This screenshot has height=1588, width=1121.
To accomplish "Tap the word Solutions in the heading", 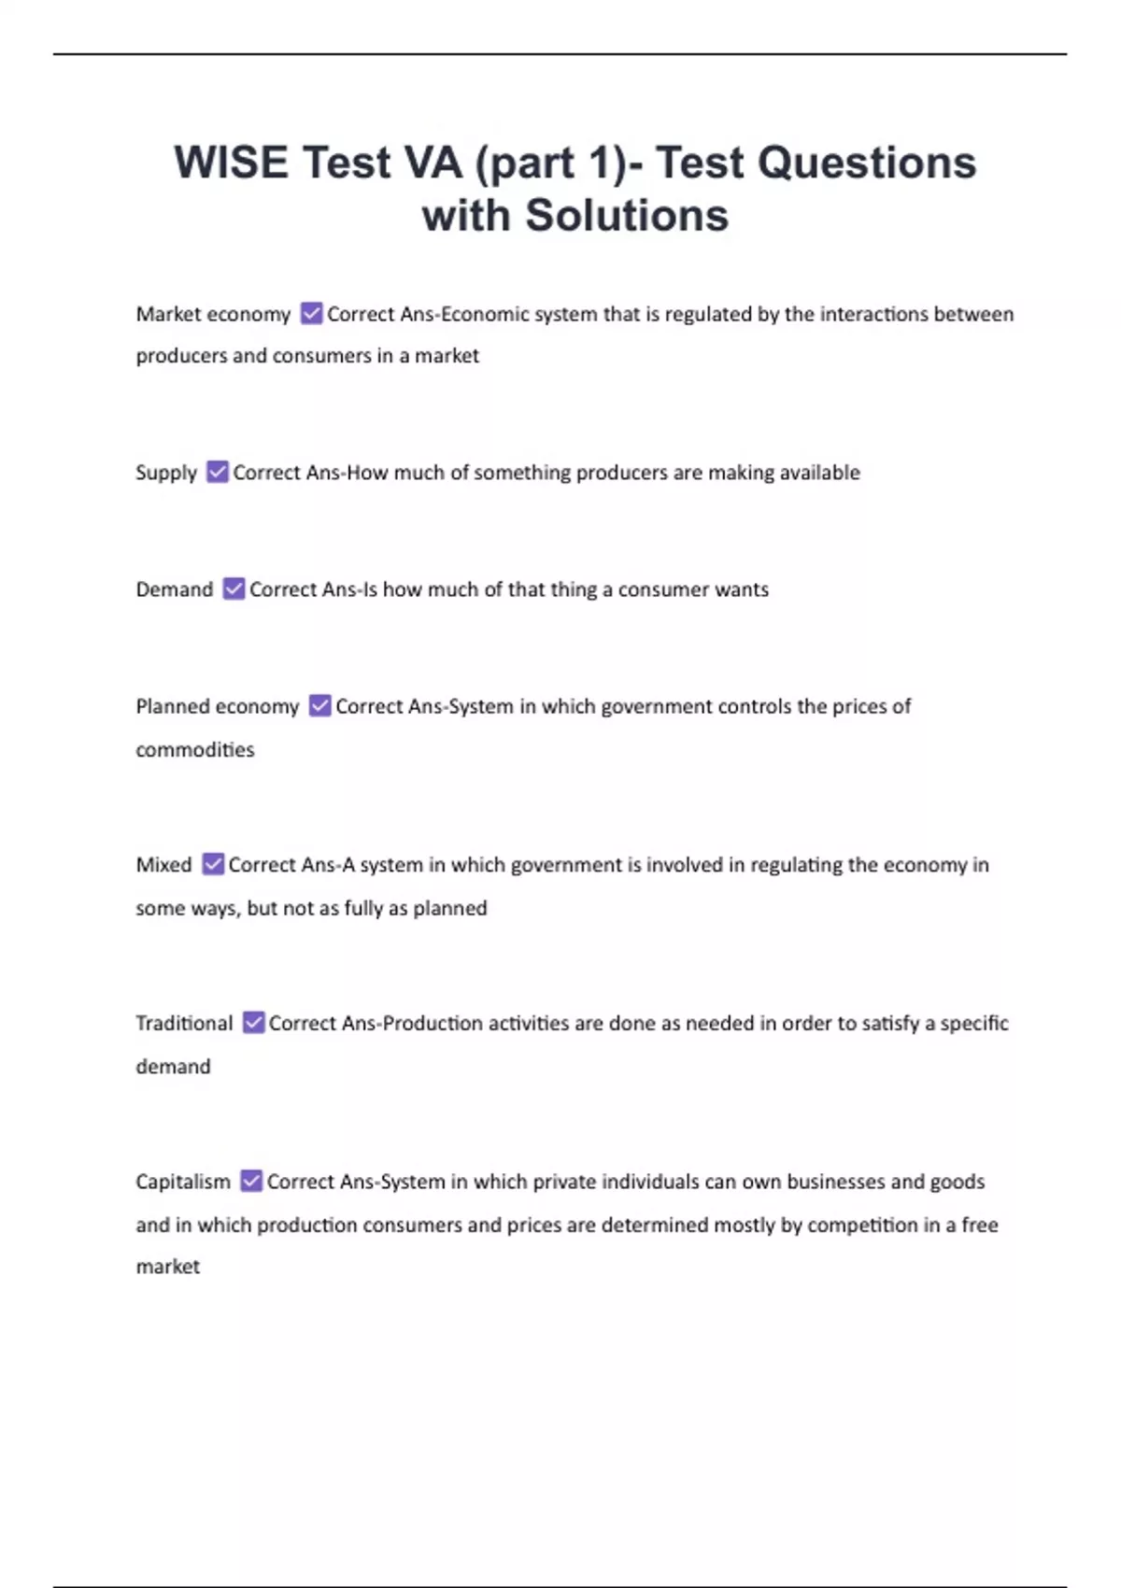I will pyautogui.click(x=626, y=216).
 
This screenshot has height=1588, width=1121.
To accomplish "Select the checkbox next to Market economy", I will pyautogui.click(x=311, y=314).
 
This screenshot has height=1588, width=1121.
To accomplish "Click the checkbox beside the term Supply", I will pyautogui.click(x=217, y=473).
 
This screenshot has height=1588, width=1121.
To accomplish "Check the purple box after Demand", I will pyautogui.click(x=234, y=589).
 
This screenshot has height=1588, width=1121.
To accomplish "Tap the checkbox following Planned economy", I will pyautogui.click(x=319, y=706).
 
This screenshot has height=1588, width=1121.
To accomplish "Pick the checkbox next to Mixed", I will pyautogui.click(x=213, y=865).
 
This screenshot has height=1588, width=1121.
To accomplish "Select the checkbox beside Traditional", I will pyautogui.click(x=253, y=1023).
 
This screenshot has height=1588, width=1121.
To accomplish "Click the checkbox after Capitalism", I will pyautogui.click(x=251, y=1182).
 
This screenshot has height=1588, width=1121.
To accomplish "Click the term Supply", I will pyautogui.click(x=166, y=474).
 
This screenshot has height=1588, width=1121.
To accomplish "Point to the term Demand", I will pyautogui.click(x=175, y=589).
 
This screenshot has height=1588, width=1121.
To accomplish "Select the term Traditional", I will pyautogui.click(x=184, y=1023).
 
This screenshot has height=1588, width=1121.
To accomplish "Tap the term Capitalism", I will pyautogui.click(x=183, y=1182).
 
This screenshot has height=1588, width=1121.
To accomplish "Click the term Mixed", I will pyautogui.click(x=163, y=865).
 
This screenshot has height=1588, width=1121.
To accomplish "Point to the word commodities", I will pyautogui.click(x=194, y=749).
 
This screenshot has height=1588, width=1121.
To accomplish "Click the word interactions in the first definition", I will pyautogui.click(x=873, y=314).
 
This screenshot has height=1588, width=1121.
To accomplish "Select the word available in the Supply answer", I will pyautogui.click(x=819, y=473).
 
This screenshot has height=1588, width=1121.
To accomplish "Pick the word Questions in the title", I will pyautogui.click(x=866, y=163).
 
